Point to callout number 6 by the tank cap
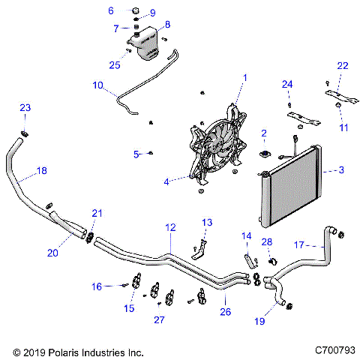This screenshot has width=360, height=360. coord(111,10)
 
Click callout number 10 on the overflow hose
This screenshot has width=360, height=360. coord(97,86)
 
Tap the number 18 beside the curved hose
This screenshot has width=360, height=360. coord(41,171)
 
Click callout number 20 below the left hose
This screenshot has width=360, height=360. coord(52,253)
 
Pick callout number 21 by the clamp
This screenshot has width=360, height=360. coord(96,214)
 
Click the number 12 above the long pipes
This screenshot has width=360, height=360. coord(170,226)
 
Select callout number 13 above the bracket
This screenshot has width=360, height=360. coord(207,223)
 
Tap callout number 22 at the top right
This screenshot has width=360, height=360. coord(343,67)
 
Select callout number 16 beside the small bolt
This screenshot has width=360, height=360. coord(96,286)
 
